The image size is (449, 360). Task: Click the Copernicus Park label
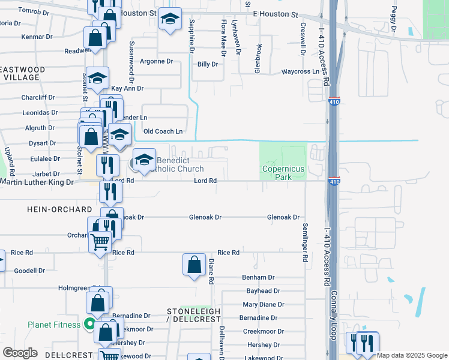click(283, 173)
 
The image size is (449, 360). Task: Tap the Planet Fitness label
click(54, 325)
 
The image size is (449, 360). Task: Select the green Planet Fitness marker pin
click(90, 325)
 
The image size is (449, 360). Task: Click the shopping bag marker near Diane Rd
click(194, 265)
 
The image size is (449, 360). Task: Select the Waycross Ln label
click(300, 72)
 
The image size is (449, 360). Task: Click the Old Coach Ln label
click(163, 131)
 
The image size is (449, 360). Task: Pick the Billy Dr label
click(207, 64)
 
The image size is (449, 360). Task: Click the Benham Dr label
click(258, 278)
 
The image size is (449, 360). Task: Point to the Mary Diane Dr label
click(264, 305)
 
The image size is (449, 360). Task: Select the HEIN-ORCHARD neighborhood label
click(59, 209)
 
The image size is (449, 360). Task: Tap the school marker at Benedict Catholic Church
click(144, 160)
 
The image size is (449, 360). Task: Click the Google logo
click(20, 353)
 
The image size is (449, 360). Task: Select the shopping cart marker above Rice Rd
click(100, 242)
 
